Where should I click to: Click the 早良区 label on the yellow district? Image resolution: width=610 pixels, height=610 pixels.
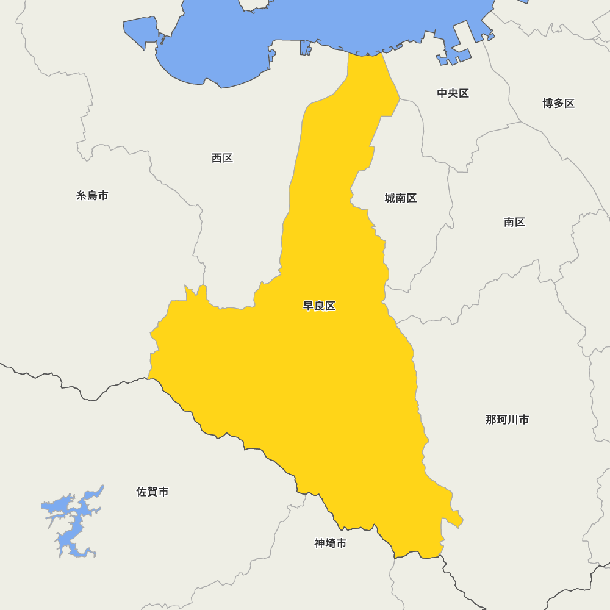tap(319, 306)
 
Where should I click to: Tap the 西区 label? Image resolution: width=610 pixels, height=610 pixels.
tap(222, 158)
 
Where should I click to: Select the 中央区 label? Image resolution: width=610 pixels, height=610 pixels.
tap(453, 93)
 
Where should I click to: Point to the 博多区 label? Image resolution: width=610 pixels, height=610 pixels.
tap(558, 103)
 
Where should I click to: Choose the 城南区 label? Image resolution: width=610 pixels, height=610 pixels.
tap(400, 198)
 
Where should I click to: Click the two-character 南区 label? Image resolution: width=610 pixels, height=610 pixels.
tap(514, 222)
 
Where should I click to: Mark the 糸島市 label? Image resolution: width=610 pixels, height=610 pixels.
tap(92, 196)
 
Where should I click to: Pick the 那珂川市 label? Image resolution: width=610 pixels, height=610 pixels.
tap(507, 420)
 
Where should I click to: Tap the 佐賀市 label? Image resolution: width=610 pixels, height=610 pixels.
tap(152, 492)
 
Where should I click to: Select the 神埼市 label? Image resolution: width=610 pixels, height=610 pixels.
tap(330, 543)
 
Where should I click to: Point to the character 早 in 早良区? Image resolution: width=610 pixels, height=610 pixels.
tap(309, 306)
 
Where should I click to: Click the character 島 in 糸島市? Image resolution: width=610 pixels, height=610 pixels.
tap(92, 196)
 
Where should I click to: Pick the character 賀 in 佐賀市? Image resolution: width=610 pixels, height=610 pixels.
tap(152, 492)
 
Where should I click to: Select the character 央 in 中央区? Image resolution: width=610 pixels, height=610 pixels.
tap(453, 93)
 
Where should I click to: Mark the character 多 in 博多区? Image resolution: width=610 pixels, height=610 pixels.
tap(558, 103)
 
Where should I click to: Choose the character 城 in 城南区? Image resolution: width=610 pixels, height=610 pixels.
tap(390, 198)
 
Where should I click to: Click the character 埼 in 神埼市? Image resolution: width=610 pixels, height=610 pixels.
tap(330, 543)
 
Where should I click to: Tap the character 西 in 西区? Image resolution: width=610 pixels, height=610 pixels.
tap(217, 158)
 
